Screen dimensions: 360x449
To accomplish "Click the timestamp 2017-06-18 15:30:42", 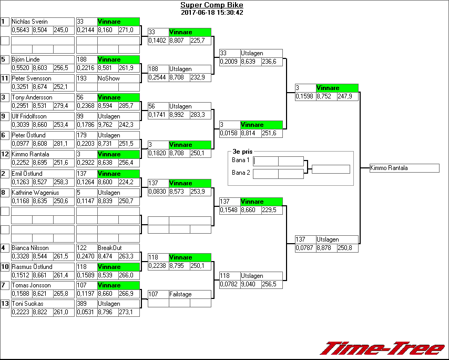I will tap(211, 12).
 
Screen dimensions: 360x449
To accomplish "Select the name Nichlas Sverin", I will tap(29, 22).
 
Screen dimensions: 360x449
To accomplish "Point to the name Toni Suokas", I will tap(26, 304).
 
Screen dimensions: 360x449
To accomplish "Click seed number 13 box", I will tap(5, 304).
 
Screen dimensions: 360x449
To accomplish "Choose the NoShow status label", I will tap(108, 78).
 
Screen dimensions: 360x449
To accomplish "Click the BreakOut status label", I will tap(110, 248).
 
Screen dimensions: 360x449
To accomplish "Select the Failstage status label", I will tap(180, 294).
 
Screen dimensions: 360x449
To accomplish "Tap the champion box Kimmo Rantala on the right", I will tap(404, 168).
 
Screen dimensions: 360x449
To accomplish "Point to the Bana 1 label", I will tap(240, 160).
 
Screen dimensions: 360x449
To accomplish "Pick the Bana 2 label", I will tap(240, 173).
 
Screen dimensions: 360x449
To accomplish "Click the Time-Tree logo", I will tap(382, 348).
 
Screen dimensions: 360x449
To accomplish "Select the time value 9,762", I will tap(107, 125).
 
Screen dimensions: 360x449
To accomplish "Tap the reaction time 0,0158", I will tap(229, 134).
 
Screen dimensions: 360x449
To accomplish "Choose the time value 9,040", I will tap(250, 285).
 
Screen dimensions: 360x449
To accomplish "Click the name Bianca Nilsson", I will tap(30, 248).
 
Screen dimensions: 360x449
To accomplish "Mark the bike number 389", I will tap(81, 304).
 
